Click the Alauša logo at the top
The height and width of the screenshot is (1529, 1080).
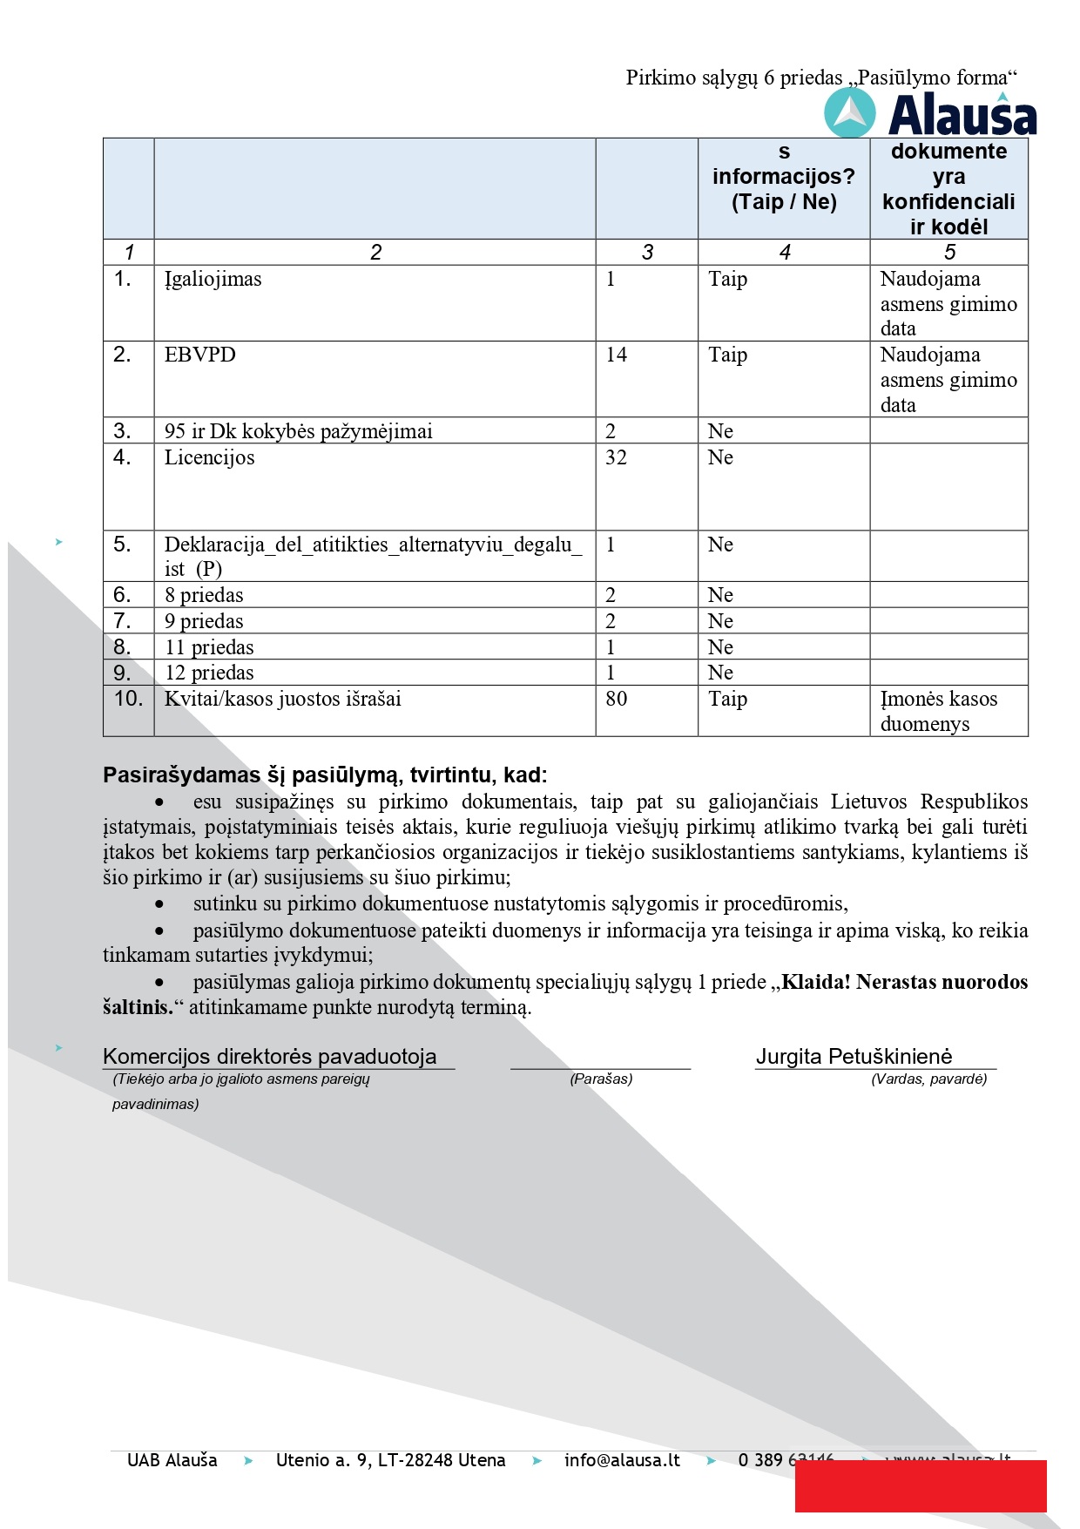[x=930, y=114]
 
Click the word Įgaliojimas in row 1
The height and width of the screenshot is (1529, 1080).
[x=213, y=280]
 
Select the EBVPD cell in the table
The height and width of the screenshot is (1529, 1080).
[x=199, y=355]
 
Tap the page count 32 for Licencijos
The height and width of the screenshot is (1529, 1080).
[x=616, y=458]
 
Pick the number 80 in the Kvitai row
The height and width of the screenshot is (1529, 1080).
[x=616, y=700]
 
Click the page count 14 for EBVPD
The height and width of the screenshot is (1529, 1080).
[x=616, y=355]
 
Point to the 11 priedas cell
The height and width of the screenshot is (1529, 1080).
[x=209, y=647]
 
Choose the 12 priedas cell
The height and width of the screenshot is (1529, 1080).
[x=209, y=673]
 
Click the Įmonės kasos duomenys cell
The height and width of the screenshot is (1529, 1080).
[x=938, y=711]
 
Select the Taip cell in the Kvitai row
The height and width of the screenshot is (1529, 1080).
[x=727, y=700]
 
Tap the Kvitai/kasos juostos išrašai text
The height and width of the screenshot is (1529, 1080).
[x=282, y=700]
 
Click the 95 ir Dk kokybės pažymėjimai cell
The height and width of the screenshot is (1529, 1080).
[x=298, y=431]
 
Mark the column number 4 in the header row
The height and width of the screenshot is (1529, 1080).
[x=784, y=253]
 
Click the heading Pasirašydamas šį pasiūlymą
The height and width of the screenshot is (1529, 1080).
[x=325, y=775]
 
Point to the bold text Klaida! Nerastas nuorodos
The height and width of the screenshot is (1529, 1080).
[x=904, y=982]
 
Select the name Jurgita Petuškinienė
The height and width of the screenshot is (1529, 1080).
[x=854, y=1057]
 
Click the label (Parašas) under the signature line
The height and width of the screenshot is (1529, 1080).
[x=601, y=1079]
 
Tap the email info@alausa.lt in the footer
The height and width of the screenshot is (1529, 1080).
[x=622, y=1460]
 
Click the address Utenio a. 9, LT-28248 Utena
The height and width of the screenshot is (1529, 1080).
[x=390, y=1460]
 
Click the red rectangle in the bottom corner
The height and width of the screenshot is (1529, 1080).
[x=920, y=1486]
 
